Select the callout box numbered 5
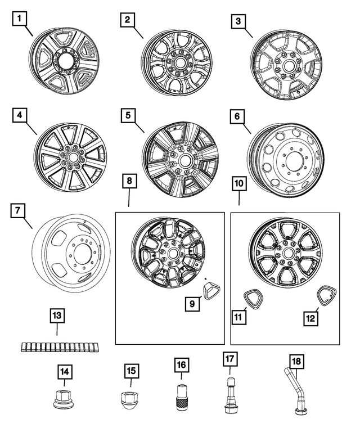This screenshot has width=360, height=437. pos(129,116)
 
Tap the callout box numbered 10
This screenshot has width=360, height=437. pos(238,184)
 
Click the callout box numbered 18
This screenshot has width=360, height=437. pos(295,361)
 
